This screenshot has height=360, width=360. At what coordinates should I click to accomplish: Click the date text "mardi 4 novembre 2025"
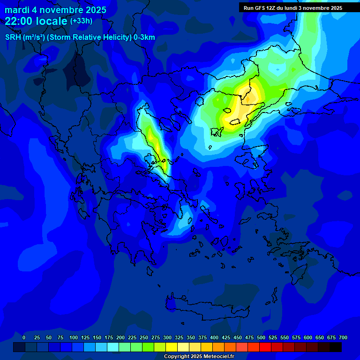tap(55, 10)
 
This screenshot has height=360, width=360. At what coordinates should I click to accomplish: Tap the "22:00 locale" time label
tap(36, 21)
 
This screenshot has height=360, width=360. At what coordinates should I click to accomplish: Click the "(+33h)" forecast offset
tap(81, 21)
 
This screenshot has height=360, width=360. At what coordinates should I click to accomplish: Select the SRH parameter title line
tap(80, 37)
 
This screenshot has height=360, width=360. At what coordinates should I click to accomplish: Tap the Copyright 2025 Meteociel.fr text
tap(198, 356)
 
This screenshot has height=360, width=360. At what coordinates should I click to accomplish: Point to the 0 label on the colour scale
tap(24, 337)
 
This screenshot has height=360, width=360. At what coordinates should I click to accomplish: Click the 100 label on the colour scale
tap(74, 337)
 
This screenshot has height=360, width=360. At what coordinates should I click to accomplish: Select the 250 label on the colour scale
tap(144, 337)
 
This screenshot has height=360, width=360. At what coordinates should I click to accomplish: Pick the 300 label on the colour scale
tap(167, 337)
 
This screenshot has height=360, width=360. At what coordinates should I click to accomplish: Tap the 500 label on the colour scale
tap(261, 337)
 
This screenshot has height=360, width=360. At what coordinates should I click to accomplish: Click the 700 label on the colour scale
tap(343, 337)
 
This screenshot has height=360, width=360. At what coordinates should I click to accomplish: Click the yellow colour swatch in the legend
tap(172, 347)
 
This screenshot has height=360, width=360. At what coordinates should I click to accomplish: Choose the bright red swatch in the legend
tap(265, 347)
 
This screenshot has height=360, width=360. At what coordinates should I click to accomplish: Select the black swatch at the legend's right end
tap(336, 347)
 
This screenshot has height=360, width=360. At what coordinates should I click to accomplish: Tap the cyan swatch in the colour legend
tap(113, 347)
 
